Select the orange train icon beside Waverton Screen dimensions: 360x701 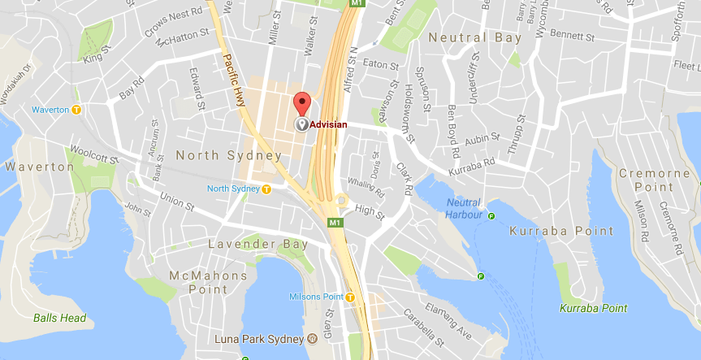pos(76,110)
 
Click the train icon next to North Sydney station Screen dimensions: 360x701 pos(266,189)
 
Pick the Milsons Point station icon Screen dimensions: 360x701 pos(350,297)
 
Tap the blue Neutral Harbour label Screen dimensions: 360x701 pos(462,209)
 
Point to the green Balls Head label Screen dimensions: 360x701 pos(60,318)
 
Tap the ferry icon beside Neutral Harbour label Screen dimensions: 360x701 pos(491,215)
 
